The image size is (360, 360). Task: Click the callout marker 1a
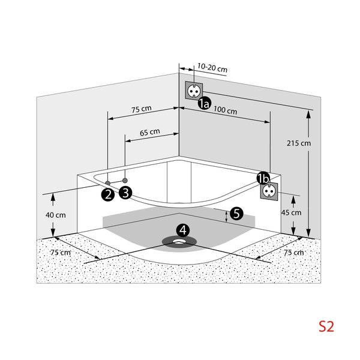pyautogui.click(x=204, y=104)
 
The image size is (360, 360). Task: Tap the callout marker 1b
pyautogui.click(x=263, y=178)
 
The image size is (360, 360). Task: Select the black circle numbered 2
pyautogui.click(x=108, y=194)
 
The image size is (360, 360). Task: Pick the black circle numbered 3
pyautogui.click(x=125, y=193)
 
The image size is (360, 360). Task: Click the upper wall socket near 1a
pyautogui.click(x=194, y=91)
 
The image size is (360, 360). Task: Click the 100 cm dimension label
pyautogui.click(x=225, y=111)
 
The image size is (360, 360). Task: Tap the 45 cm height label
pyautogui.click(x=292, y=212)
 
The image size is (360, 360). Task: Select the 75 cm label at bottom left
pyautogui.click(x=59, y=253)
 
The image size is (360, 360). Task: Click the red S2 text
pyautogui.click(x=326, y=327)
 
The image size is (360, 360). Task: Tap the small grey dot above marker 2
pyautogui.click(x=108, y=182)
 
